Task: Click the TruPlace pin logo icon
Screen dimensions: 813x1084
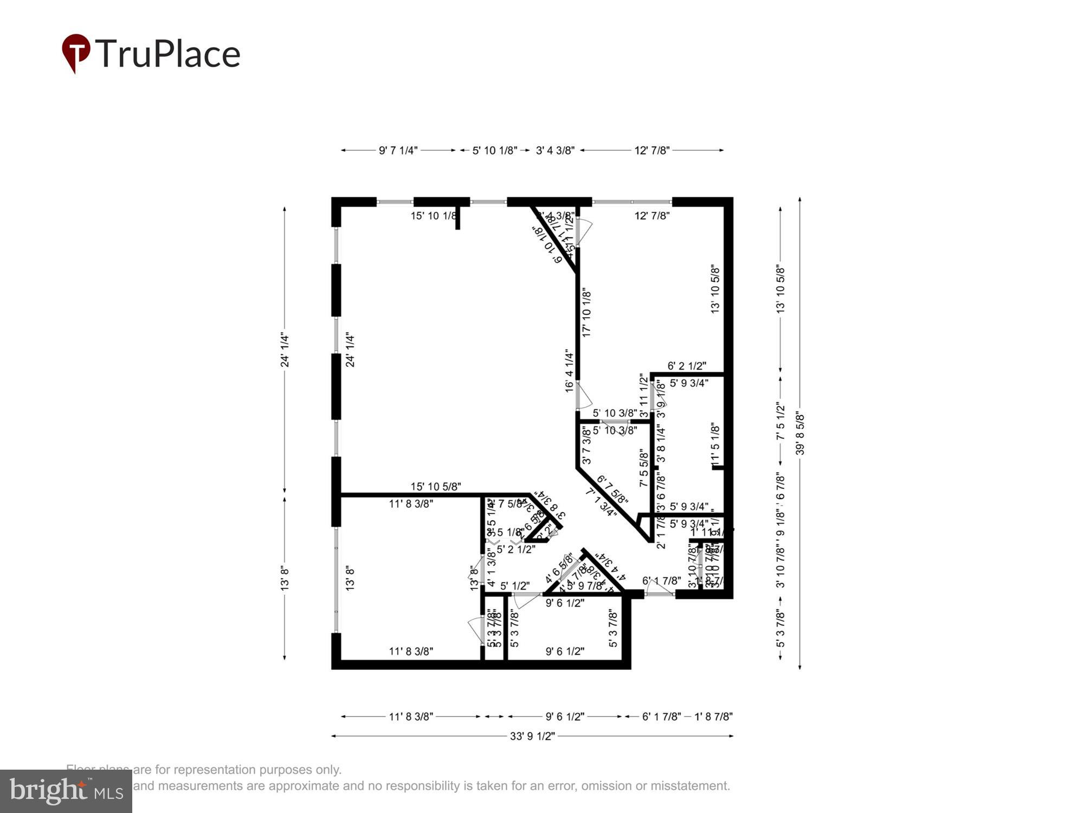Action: point(76,53)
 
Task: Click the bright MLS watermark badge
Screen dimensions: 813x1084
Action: point(66,791)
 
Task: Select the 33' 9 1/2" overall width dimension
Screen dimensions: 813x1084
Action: point(532,736)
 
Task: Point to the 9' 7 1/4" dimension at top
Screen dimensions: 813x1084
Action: point(398,151)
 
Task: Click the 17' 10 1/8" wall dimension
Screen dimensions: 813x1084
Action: point(586,314)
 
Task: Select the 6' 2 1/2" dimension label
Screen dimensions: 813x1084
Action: point(687,366)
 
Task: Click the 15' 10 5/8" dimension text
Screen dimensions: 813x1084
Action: point(436,487)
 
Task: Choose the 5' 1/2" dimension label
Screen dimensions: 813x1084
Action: point(514,586)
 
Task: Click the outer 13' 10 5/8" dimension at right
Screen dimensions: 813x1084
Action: point(780,289)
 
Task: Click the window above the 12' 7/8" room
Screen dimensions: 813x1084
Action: point(632,202)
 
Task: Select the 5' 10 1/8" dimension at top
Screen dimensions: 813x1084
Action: point(494,151)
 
